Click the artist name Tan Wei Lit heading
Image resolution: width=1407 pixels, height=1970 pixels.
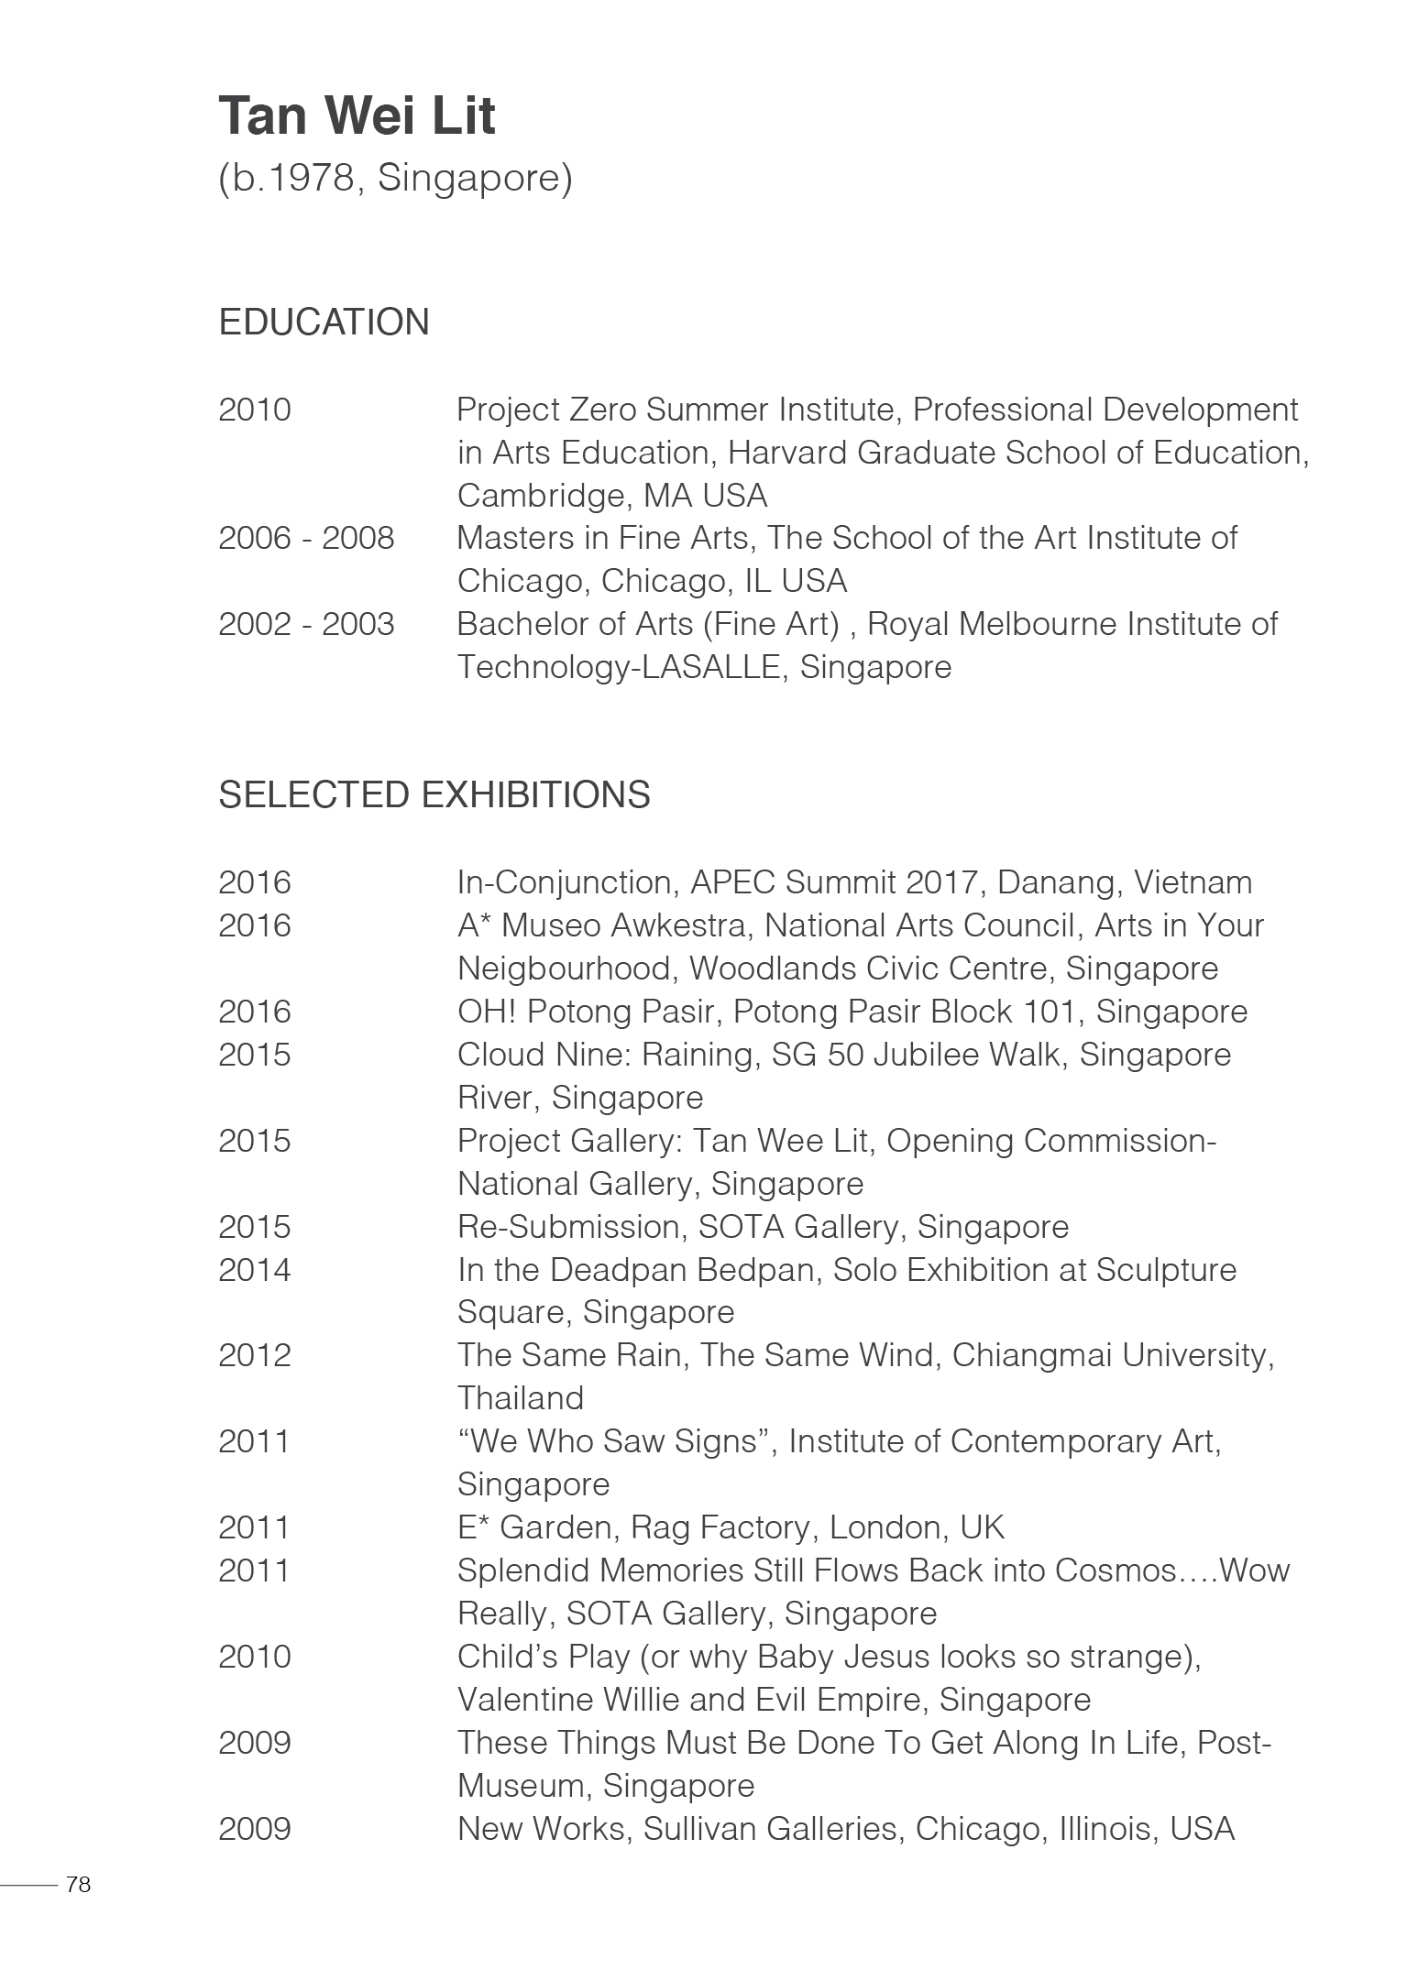click(357, 116)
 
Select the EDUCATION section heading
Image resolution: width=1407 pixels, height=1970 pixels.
click(324, 323)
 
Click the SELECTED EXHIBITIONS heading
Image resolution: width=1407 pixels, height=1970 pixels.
click(434, 794)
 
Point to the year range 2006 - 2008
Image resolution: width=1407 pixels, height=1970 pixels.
click(306, 538)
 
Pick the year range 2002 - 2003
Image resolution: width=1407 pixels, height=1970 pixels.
click(306, 624)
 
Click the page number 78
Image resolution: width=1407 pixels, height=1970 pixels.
click(79, 1885)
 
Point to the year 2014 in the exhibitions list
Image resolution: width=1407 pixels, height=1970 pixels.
click(254, 1270)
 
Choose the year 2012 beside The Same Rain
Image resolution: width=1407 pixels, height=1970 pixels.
click(254, 1355)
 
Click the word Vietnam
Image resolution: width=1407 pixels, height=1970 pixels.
click(1193, 882)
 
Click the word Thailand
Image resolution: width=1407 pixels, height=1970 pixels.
click(520, 1398)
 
